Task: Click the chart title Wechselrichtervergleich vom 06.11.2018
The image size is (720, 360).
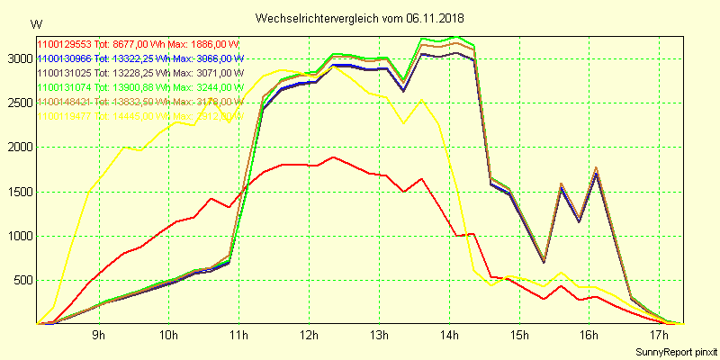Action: pyautogui.click(x=360, y=18)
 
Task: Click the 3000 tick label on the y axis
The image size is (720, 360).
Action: pyautogui.click(x=18, y=58)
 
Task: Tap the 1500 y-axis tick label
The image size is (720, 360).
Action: pyautogui.click(x=18, y=192)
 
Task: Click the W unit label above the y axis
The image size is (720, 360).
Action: pyautogui.click(x=35, y=23)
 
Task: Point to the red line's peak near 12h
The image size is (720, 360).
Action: pyautogui.click(x=334, y=157)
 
